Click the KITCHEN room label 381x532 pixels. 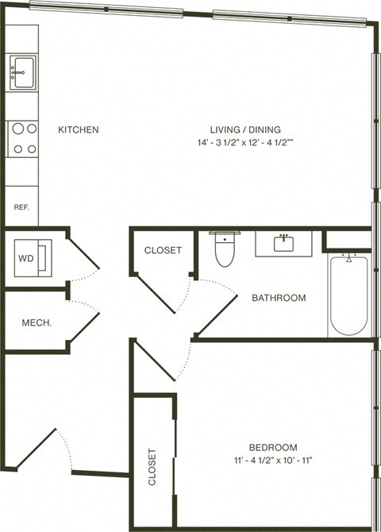[x=78, y=129]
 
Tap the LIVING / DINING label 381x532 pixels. [x=245, y=129]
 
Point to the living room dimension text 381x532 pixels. [x=246, y=143]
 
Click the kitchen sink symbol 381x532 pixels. [x=21, y=72]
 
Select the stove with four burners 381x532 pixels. [x=23, y=137]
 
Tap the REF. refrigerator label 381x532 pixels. [x=21, y=207]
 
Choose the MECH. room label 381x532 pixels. [x=36, y=322]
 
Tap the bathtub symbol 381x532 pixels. [x=348, y=295]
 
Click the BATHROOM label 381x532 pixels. [x=279, y=298]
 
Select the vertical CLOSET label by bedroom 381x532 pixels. [x=152, y=468]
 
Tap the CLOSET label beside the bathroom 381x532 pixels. [x=163, y=250]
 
